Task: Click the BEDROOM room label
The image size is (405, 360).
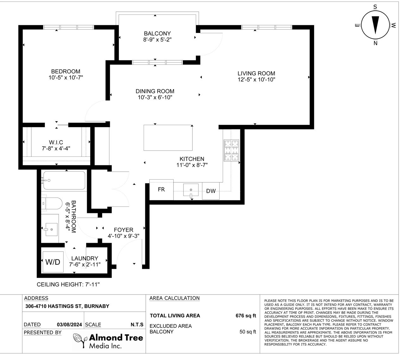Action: click(65, 71)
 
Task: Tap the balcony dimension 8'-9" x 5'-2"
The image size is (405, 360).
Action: click(157, 40)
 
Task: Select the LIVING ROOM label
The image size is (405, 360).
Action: click(256, 73)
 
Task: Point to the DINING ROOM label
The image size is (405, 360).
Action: click(155, 91)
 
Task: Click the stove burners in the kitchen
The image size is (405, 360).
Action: click(231, 150)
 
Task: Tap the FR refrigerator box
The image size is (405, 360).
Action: click(161, 190)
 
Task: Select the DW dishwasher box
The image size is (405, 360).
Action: click(211, 191)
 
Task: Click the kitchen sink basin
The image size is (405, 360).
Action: click(191, 190)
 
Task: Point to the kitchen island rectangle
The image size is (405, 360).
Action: click(168, 138)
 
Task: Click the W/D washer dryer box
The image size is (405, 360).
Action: click(53, 262)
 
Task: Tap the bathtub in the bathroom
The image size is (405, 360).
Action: click(64, 180)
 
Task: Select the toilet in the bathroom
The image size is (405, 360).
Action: click(52, 203)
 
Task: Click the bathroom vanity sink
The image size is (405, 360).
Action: click(52, 229)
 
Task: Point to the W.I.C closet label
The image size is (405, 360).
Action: click(56, 142)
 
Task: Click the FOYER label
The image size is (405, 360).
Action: click(123, 230)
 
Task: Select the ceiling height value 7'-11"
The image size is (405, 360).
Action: click(92, 284)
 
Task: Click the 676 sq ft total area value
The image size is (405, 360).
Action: click(246, 315)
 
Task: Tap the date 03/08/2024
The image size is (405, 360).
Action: click(69, 325)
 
